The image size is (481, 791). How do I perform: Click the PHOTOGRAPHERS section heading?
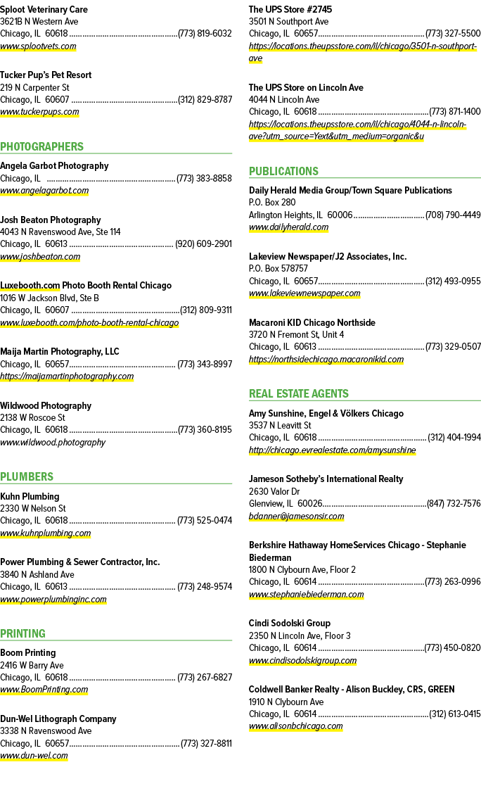(x=42, y=147)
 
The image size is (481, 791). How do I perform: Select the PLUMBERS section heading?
(x=27, y=476)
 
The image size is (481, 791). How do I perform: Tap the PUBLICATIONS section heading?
(x=283, y=172)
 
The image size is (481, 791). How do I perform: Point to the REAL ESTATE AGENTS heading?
(x=298, y=394)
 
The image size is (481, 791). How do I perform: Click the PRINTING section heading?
(x=23, y=633)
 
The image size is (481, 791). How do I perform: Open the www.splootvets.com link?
(x=38, y=46)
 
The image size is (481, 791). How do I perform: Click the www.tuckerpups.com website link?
(x=39, y=112)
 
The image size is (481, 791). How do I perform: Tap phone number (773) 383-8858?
(x=204, y=179)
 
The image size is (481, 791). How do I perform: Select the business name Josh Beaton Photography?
(x=51, y=220)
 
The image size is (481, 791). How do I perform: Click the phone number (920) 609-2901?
(x=204, y=244)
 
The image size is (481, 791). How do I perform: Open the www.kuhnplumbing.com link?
(x=46, y=533)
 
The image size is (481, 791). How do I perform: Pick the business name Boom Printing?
(x=27, y=653)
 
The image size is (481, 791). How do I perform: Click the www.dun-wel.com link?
(x=34, y=756)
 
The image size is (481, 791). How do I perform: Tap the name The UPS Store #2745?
(x=290, y=10)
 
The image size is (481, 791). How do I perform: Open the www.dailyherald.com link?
(x=288, y=227)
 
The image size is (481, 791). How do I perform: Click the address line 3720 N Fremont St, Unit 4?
(x=297, y=335)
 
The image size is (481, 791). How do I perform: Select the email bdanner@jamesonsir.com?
(x=297, y=517)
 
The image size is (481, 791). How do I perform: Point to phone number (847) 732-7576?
(x=454, y=504)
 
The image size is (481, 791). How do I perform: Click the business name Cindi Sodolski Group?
(x=290, y=624)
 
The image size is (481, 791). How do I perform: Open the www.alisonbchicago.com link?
(x=295, y=726)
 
